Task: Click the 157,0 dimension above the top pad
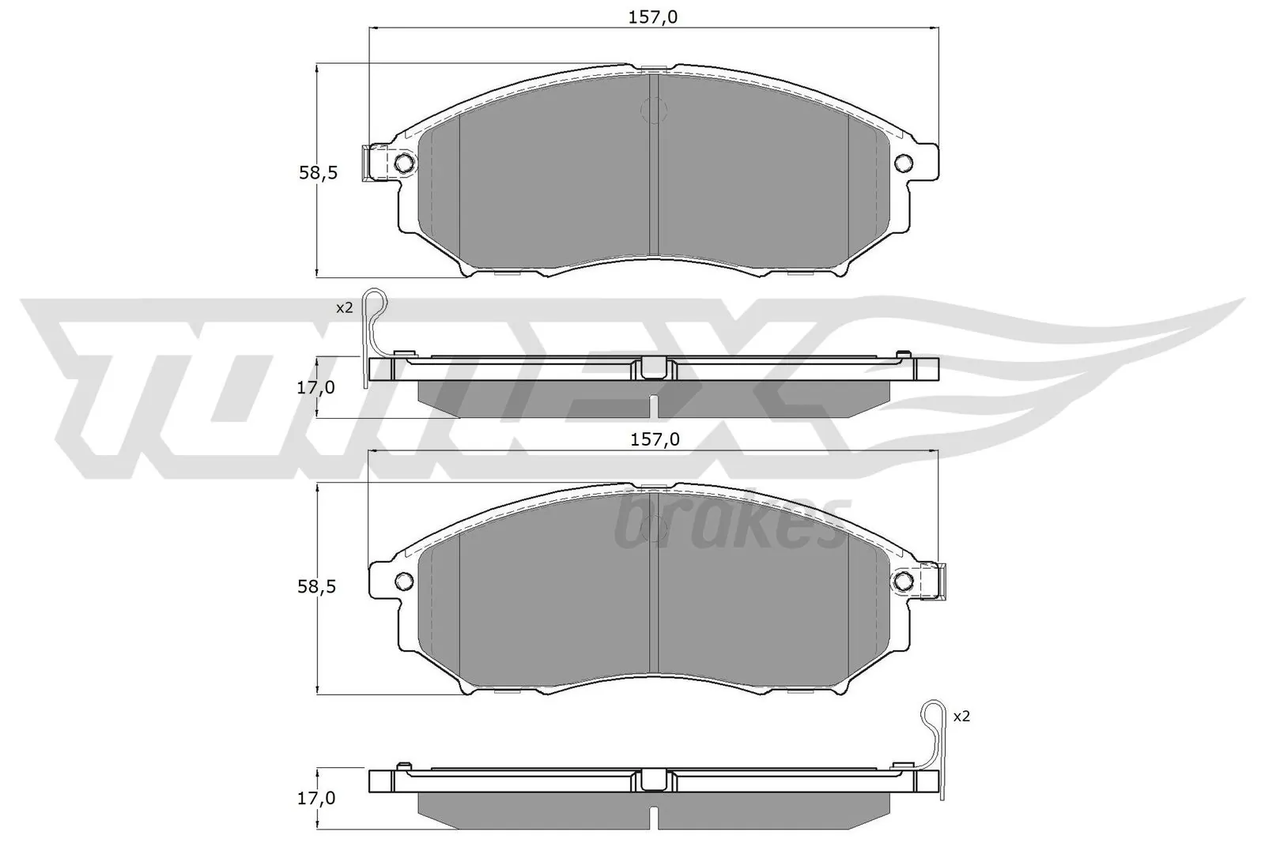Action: [x=654, y=17]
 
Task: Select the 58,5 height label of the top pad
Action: [x=318, y=172]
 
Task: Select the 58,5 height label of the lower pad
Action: [x=318, y=586]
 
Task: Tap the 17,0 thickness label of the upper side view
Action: [x=316, y=387]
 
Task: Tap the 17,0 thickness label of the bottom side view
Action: [x=316, y=799]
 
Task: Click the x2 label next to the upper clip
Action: [x=344, y=307]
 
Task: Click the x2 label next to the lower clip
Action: [x=961, y=717]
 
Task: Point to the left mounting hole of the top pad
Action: [x=403, y=164]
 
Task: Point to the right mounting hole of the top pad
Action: [x=904, y=164]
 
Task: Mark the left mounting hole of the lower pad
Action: [x=403, y=581]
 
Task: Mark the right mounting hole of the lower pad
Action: [x=904, y=581]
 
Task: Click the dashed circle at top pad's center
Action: [x=654, y=110]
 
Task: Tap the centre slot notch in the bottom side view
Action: [x=653, y=816]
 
